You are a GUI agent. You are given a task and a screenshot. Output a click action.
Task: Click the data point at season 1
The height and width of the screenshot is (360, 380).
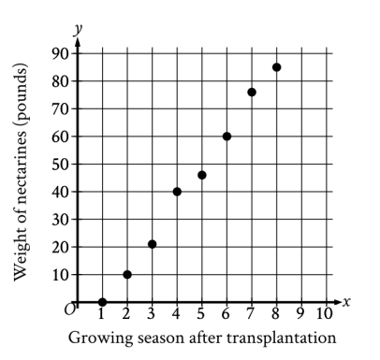[x=102, y=302]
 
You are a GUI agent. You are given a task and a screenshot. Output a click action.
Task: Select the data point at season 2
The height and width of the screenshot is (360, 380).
[x=127, y=274]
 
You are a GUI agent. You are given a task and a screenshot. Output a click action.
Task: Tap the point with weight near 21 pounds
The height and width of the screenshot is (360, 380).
[x=152, y=244]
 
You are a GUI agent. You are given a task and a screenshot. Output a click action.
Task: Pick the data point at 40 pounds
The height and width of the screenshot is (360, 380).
[x=177, y=192]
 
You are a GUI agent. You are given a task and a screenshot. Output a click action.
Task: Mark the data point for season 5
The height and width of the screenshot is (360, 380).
[x=202, y=175]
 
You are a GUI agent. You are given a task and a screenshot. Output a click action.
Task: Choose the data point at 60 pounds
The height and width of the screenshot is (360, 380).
[x=227, y=137]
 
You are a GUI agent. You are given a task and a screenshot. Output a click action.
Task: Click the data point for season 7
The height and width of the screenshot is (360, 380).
[x=252, y=92]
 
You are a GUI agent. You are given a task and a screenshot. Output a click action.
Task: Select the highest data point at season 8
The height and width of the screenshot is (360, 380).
[x=277, y=67]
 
